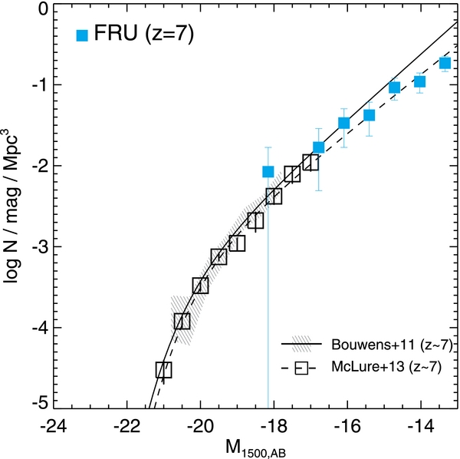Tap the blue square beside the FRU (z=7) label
pyautogui.click(x=82, y=35)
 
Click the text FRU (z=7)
pyautogui.click(x=136, y=35)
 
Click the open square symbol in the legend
pyautogui.click(x=301, y=368)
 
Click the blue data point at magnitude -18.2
pyautogui.click(x=268, y=172)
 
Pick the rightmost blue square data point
pyautogui.click(x=445, y=63)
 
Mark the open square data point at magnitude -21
pyautogui.click(x=163, y=370)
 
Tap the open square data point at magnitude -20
pyautogui.click(x=200, y=286)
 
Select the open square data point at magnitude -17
pyautogui.click(x=310, y=162)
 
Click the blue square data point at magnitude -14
pyautogui.click(x=419, y=81)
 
